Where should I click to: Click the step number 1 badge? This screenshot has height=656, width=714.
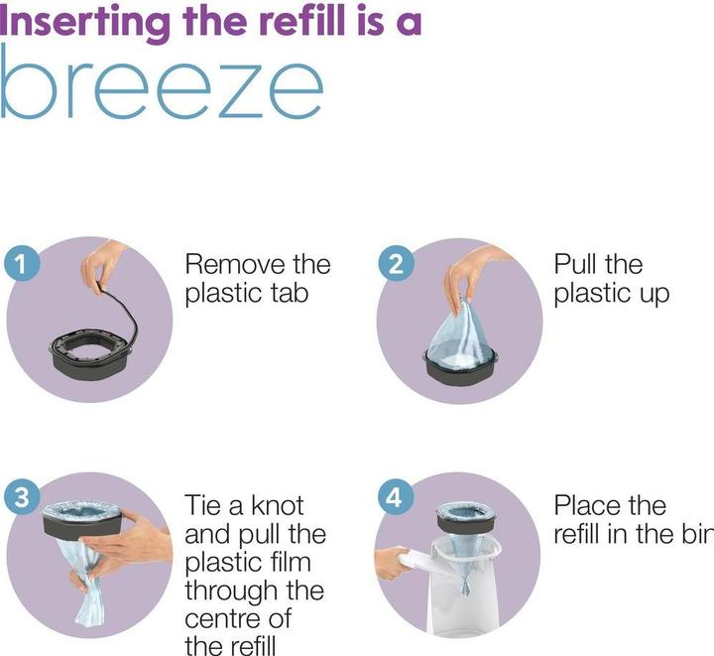[x=22, y=264]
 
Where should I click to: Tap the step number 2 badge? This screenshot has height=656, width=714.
[x=396, y=264]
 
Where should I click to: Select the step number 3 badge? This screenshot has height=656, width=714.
[x=22, y=497]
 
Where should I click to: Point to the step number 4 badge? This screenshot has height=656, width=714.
[x=394, y=497]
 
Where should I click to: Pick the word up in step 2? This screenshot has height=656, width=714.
[x=654, y=295]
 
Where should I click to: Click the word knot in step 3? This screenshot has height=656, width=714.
[x=278, y=506]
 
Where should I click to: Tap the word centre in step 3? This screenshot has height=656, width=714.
[x=218, y=618]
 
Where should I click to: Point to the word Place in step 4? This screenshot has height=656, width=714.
[x=586, y=506]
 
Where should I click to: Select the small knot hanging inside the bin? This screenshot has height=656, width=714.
[x=465, y=586]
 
